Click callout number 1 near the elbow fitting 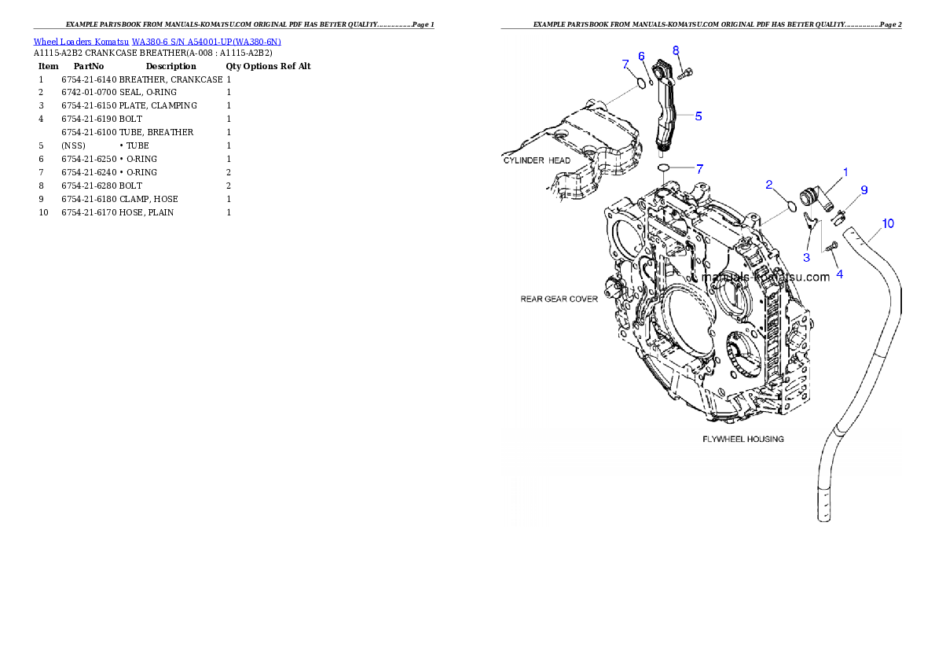tap(845, 171)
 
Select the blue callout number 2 tap(770, 184)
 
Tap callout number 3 tap(806, 257)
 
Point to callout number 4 tap(839, 274)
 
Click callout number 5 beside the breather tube tap(698, 116)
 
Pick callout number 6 tap(641, 56)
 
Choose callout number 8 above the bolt tap(676, 50)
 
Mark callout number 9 tap(863, 189)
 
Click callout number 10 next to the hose tap(887, 223)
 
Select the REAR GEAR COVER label tap(559, 299)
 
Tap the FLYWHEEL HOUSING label tap(742, 439)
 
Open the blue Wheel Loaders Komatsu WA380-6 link tap(157, 42)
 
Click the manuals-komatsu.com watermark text tap(765, 278)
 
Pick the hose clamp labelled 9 tap(839, 214)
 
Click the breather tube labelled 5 tap(666, 118)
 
